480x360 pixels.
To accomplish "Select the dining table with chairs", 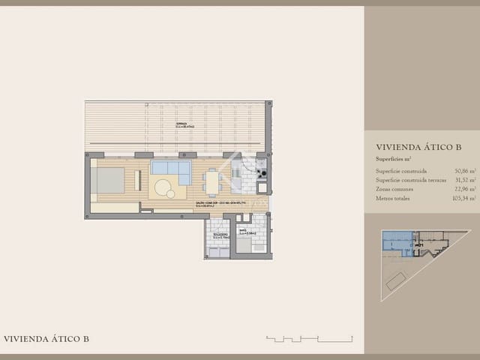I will click(x=212, y=182).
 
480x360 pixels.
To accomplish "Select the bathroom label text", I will click(x=247, y=232).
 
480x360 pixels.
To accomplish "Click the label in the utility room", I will click(x=217, y=237).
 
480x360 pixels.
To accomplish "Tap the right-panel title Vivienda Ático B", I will click(x=417, y=148).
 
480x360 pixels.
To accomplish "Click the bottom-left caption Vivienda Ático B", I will click(x=46, y=339).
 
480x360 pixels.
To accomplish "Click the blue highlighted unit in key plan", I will click(x=395, y=241).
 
